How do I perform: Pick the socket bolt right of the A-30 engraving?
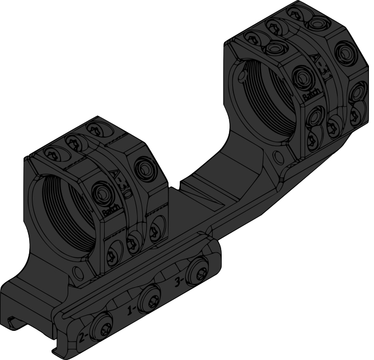(x=145, y=166)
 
